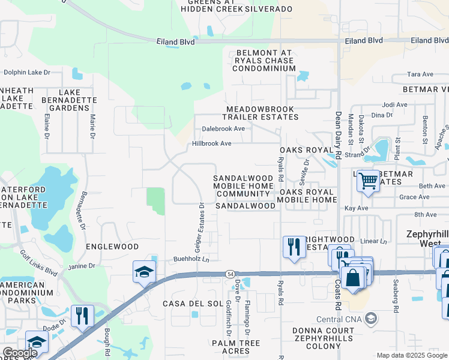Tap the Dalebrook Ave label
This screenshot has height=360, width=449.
pos(223,128)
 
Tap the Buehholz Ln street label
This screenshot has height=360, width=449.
pos(191,259)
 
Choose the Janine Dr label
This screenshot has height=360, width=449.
pos(83,266)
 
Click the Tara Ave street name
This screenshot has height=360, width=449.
pos(420,74)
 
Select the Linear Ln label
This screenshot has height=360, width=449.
pos(375,241)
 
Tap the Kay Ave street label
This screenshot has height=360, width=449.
pos(356,208)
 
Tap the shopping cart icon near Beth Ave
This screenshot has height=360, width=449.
pos(367,180)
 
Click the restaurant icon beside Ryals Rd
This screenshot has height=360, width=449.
pos(294,247)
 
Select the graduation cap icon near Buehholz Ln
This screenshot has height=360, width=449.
pos(144,271)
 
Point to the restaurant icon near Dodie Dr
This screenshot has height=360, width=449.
pos(82,315)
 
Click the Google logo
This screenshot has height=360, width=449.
pos(19,353)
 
